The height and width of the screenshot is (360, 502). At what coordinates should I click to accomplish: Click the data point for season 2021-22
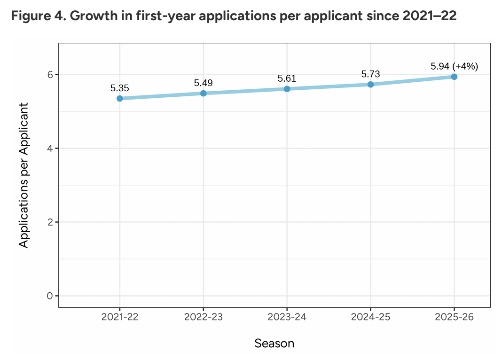click(x=120, y=98)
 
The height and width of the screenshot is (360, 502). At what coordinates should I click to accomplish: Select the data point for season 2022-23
click(x=204, y=93)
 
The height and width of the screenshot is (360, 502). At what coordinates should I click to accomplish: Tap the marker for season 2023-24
click(x=287, y=89)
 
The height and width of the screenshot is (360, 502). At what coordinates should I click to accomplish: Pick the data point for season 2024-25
click(x=370, y=84)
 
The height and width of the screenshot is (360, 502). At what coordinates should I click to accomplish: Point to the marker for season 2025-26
click(x=454, y=77)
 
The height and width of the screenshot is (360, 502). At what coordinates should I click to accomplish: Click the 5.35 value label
click(x=120, y=88)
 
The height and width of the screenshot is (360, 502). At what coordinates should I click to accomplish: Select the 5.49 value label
click(x=204, y=83)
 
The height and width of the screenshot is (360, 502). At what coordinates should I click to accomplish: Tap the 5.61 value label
click(x=287, y=78)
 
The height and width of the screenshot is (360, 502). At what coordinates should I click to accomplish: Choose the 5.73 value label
click(x=370, y=74)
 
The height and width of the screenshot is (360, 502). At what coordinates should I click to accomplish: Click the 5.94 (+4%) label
click(x=454, y=66)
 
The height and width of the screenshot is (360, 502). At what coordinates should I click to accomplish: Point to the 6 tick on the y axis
click(x=50, y=75)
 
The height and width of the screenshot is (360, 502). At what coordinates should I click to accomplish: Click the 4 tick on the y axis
click(x=50, y=149)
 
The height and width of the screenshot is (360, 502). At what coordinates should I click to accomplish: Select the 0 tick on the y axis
click(x=50, y=296)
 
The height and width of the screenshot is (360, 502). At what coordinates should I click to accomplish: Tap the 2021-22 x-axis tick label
click(x=120, y=317)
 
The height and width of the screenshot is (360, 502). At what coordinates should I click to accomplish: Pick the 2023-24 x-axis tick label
click(x=287, y=317)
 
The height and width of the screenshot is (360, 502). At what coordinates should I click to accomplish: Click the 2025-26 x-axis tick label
click(x=454, y=317)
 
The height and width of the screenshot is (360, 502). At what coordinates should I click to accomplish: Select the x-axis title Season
click(x=275, y=344)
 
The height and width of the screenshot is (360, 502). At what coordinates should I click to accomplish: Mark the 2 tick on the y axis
click(x=50, y=222)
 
